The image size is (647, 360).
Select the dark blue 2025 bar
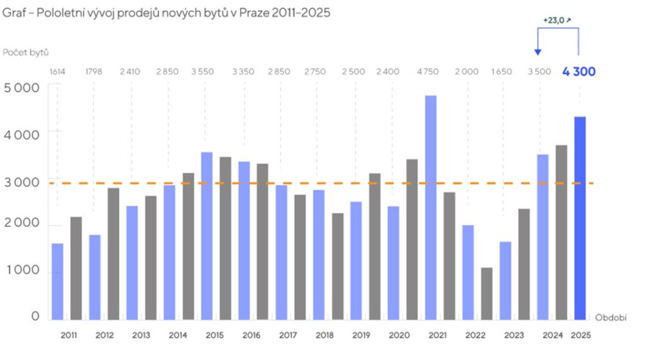coord(580,218)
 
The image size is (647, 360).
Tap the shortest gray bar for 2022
coord(487,294)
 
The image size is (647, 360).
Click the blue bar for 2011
coord(57,281)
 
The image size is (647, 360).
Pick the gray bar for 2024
coord(561,232)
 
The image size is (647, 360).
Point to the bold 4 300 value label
coord(579,71)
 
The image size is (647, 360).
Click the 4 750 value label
coord(428,71)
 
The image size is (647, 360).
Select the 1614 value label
coord(57,71)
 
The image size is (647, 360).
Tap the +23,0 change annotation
coord(557,20)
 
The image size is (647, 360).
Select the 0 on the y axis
coord(35,316)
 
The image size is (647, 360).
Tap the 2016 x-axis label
coord(251,335)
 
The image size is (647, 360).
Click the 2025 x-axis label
coord(580,335)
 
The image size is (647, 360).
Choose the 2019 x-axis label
coord(361,335)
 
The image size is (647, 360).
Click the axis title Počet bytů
coord(25,52)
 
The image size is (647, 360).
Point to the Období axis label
coord(610,318)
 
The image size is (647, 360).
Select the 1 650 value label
coord(502,71)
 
